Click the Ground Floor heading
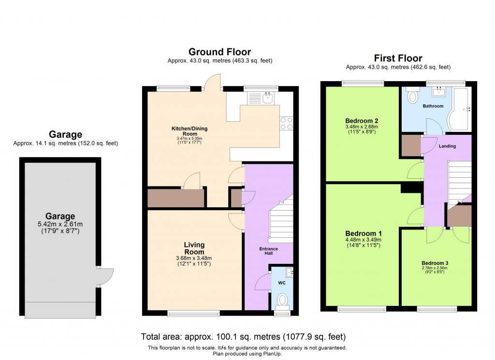click(x=219, y=52)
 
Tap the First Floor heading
click(x=398, y=58)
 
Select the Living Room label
click(x=194, y=248)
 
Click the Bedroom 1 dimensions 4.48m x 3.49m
click(x=363, y=240)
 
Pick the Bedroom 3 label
click(x=436, y=263)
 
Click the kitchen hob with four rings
click(x=287, y=123)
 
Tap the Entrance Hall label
click(x=269, y=251)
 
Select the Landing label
click(x=447, y=146)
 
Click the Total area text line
click(x=243, y=336)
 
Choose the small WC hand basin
click(x=290, y=273)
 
